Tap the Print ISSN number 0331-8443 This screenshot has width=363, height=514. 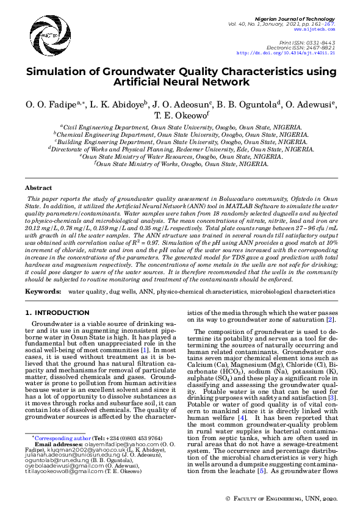coord(323,42)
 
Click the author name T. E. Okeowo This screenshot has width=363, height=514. coord(181,114)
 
